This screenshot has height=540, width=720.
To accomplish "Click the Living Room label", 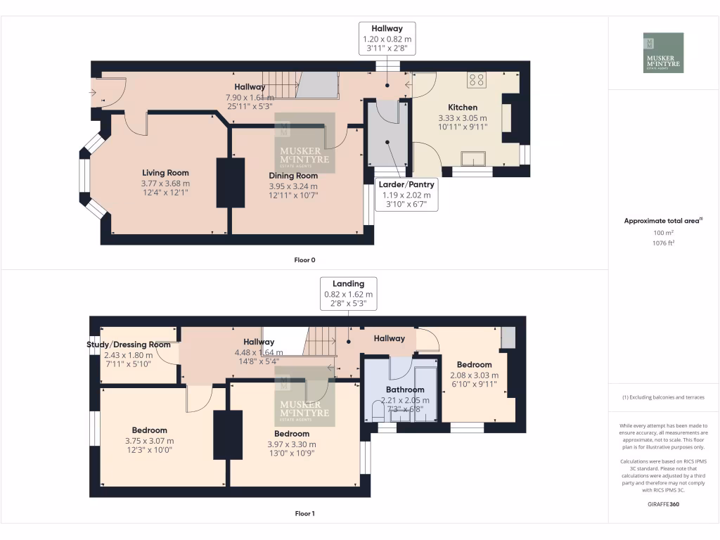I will [165, 172].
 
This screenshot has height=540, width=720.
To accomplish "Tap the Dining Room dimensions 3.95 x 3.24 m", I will [294, 186].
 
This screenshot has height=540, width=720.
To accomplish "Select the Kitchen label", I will [462, 108].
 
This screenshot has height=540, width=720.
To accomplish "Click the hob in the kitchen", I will [476, 79].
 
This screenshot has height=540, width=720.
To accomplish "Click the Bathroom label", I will [404, 390].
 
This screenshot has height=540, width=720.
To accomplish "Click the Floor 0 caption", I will [304, 260].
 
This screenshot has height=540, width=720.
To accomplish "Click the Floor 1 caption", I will [304, 513].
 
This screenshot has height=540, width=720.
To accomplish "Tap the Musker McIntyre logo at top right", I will [663, 53].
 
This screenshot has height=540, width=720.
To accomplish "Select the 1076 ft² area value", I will [663, 243].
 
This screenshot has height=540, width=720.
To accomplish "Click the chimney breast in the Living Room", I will [230, 183].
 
